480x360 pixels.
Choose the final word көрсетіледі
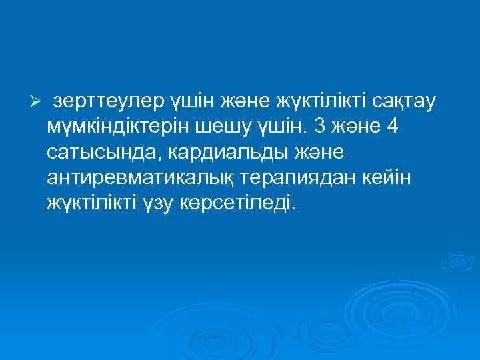(237, 203)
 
